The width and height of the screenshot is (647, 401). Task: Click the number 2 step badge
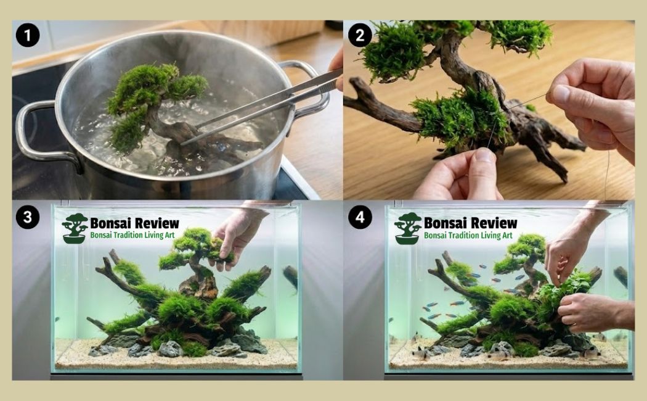click(x=359, y=35)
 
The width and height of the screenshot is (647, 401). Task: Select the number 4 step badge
click(x=359, y=218)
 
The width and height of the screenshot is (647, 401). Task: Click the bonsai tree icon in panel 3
click(x=75, y=228)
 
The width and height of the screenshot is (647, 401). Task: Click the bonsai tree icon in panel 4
click(x=407, y=228)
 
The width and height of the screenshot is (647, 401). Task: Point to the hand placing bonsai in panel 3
click(x=237, y=238)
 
